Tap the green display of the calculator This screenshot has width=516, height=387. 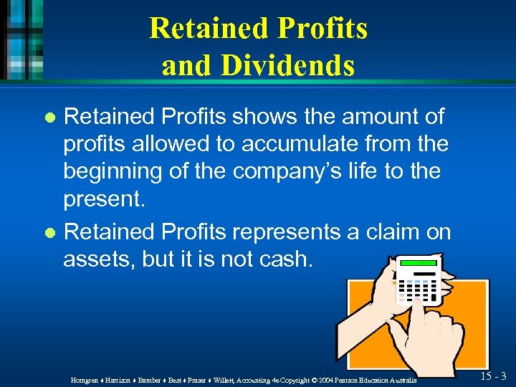419,263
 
